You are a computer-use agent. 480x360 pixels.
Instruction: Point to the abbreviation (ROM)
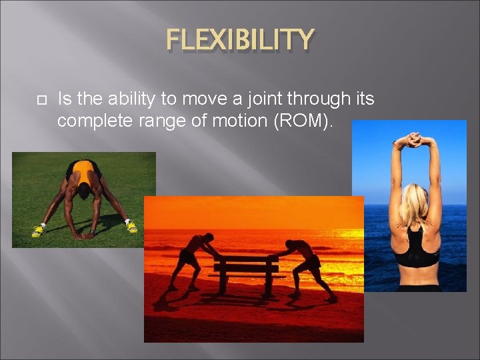click(x=309, y=121)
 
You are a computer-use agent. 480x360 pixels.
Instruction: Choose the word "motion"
click(x=242, y=121)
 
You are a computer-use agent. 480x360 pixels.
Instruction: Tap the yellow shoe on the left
click(x=38, y=231)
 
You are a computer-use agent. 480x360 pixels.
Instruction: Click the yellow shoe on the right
click(x=131, y=227)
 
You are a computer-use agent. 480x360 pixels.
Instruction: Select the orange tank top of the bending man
click(x=84, y=172)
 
